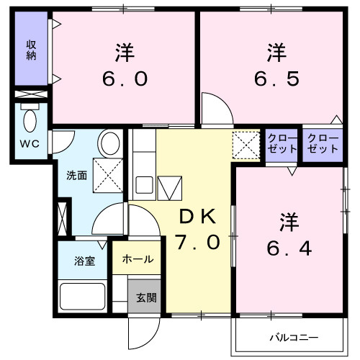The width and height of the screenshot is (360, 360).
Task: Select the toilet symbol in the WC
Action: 31,118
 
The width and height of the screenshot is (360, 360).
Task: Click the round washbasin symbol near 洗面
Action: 110,143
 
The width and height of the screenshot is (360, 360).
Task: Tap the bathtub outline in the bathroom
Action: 83,296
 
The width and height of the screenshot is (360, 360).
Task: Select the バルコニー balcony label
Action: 294,337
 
